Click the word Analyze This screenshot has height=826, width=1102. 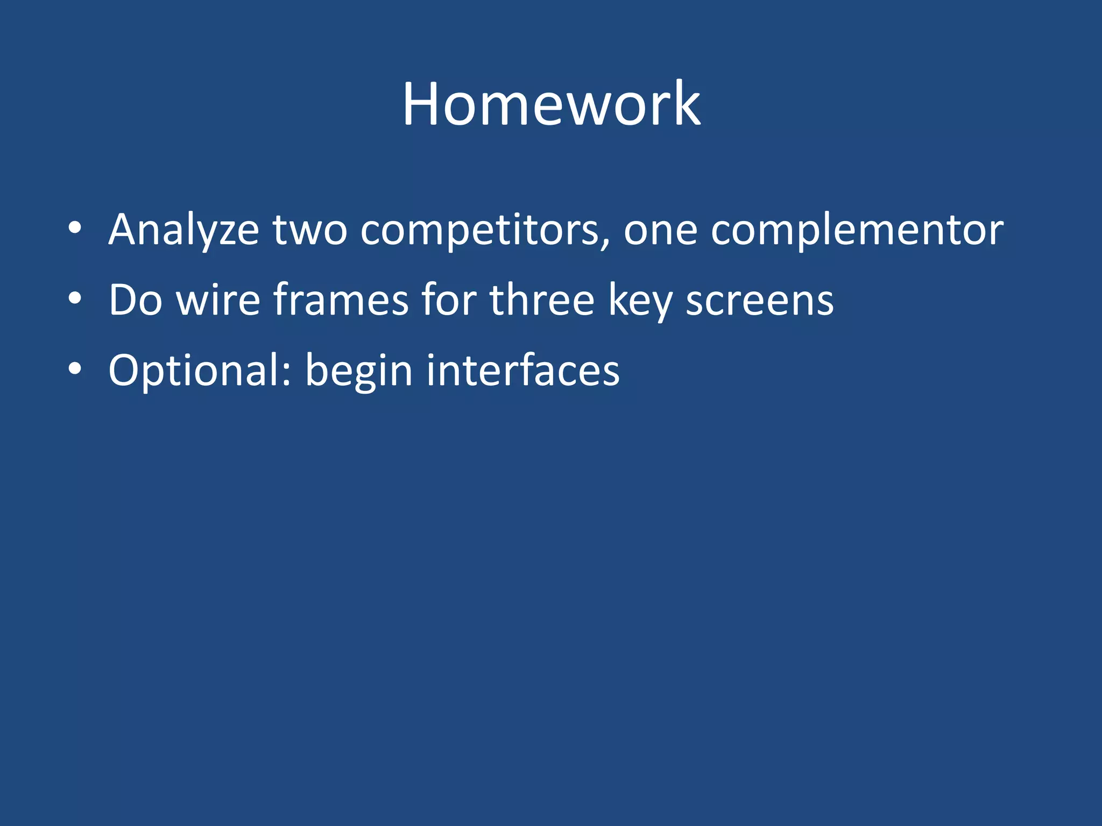pos(183,230)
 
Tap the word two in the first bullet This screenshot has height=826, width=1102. pos(309,230)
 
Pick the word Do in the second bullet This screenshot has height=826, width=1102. pos(135,300)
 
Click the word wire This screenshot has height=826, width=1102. pos(218,300)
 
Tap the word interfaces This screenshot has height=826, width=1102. pos(522,371)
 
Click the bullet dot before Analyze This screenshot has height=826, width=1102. pos(75,228)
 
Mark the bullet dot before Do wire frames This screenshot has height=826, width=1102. pos(75,298)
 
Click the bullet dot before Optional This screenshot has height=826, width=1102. pos(75,369)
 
